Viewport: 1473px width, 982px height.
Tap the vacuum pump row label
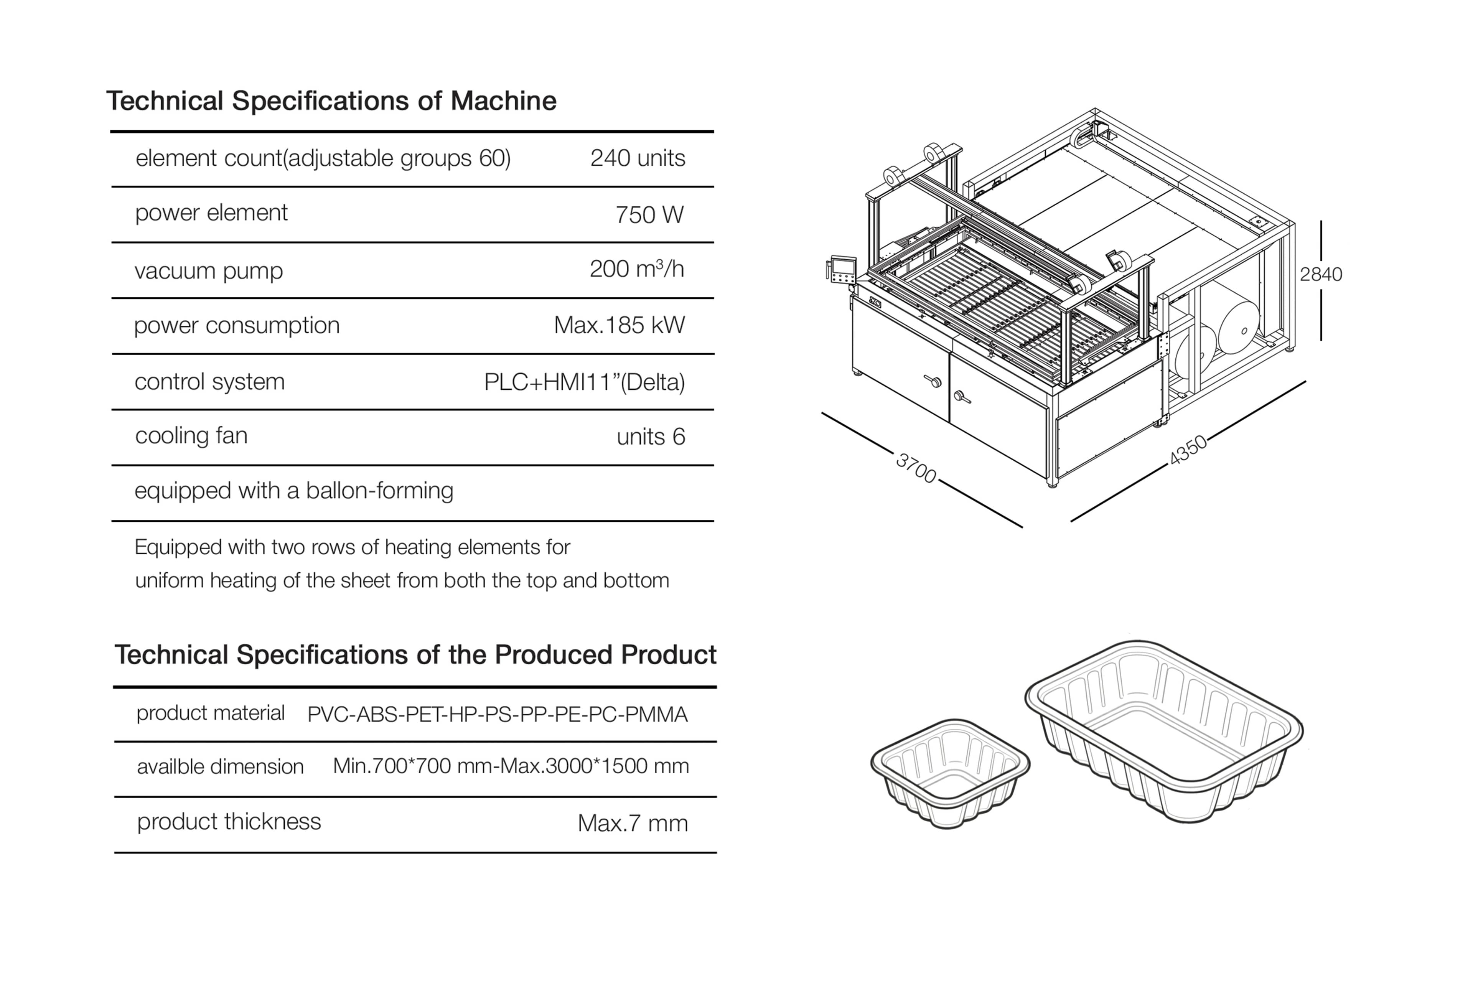point(209,270)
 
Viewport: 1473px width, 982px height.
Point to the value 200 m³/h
point(636,269)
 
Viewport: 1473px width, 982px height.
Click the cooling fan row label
point(191,435)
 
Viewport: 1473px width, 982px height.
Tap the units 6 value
point(650,437)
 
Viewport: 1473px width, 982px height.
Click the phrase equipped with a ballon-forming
point(294,490)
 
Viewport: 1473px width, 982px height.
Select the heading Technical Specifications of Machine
point(331,101)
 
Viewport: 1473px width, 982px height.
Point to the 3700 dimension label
point(916,468)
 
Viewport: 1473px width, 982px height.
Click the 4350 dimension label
point(1188,450)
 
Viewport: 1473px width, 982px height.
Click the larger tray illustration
point(1163,730)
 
